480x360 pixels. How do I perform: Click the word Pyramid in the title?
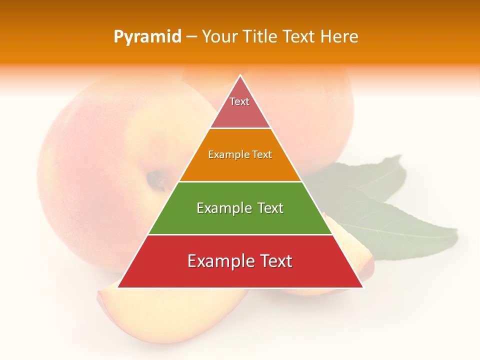coord(147,37)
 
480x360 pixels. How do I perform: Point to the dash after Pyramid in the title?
coord(191,37)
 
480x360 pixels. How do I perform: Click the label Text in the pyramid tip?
coord(239,101)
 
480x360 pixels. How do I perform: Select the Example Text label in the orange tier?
coord(240,154)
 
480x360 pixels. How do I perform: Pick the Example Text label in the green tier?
coord(240,208)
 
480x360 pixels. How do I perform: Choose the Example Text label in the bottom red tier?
coord(240,261)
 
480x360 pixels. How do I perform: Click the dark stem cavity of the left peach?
coord(156,179)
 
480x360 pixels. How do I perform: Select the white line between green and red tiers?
coord(240,234)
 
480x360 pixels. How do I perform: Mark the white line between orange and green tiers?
coord(240,181)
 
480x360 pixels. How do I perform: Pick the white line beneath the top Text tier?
coord(240,128)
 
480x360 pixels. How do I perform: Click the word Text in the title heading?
coord(298,37)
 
